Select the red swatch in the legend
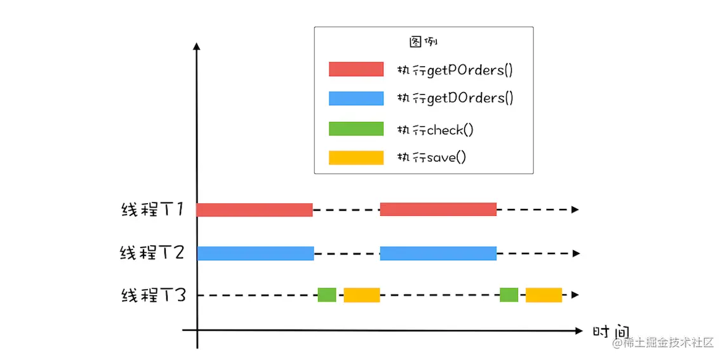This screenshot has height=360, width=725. tap(356, 69)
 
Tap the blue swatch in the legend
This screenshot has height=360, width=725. tap(356, 98)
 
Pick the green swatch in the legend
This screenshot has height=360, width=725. tap(356, 129)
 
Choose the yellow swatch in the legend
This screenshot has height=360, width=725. tap(356, 157)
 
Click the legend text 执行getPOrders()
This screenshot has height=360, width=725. tap(455, 70)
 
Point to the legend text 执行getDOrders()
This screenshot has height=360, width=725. tap(455, 98)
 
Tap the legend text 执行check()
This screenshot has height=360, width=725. tap(436, 130)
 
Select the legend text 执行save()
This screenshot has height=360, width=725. tap(432, 157)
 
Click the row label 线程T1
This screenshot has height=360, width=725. tap(152, 210)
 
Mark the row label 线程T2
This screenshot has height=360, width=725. tap(152, 253)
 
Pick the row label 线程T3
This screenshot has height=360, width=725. tap(152, 295)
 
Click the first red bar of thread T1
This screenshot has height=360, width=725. tap(255, 210)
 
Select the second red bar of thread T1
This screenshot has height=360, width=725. tap(437, 210)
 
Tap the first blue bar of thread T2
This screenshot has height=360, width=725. tap(255, 253)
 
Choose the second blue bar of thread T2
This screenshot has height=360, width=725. tap(437, 253)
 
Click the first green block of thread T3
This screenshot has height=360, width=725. tap(327, 295)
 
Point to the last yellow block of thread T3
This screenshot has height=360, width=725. tap(543, 295)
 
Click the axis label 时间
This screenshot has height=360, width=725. tap(610, 333)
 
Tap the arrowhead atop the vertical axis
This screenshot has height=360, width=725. tap(197, 47)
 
